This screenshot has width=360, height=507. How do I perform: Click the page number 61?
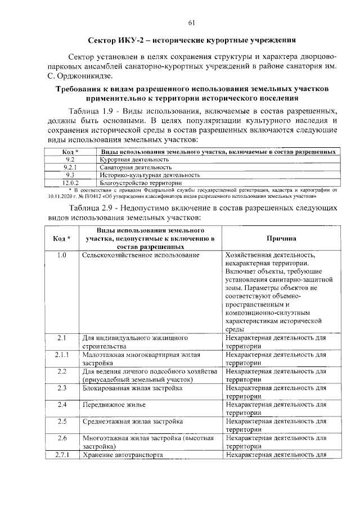point(191,22)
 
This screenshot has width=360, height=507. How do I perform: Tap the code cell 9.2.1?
point(70,167)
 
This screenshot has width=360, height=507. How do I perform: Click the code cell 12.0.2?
point(70,183)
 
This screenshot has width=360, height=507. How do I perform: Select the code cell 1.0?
point(62,256)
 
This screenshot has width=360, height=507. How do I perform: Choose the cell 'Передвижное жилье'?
point(114,405)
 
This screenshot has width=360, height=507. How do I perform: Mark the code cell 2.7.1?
point(62,455)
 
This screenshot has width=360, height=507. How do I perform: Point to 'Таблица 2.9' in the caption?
point(93,209)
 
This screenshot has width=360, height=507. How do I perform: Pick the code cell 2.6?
point(62,438)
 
